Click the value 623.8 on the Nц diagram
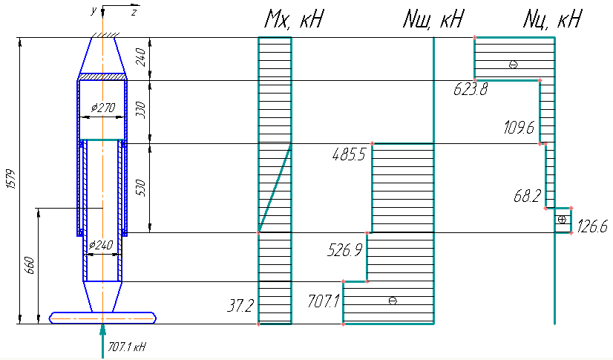tap(471, 90)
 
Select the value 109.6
tap(519, 128)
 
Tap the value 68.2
tap(528, 196)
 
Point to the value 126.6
tap(592, 226)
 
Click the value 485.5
tap(349, 155)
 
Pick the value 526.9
tap(345, 250)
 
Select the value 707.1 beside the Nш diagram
tap(324, 301)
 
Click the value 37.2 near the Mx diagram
tap(240, 306)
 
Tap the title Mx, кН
tap(294, 19)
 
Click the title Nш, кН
tap(433, 19)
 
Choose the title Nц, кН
tap(552, 19)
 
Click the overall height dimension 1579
tap(11, 180)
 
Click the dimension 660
tap(30, 266)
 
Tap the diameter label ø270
tap(103, 107)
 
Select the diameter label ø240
tap(101, 245)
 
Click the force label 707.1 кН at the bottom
tap(127, 347)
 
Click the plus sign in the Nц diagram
tap(562, 220)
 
